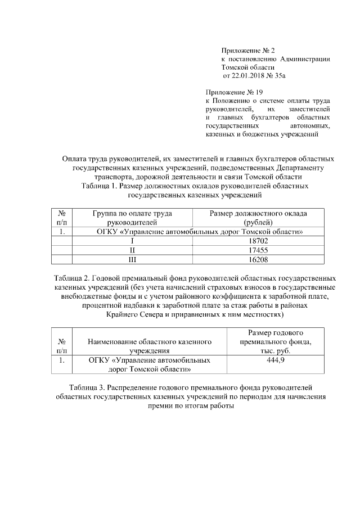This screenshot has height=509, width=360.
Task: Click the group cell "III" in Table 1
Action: point(132,259)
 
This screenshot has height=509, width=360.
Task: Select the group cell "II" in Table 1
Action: point(132,250)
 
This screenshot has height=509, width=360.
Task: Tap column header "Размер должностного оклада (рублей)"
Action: point(258,218)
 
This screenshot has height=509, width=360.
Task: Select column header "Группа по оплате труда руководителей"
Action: point(132,218)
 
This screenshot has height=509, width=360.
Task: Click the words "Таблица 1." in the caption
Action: point(99,186)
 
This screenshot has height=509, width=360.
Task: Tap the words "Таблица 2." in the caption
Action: point(71,278)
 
